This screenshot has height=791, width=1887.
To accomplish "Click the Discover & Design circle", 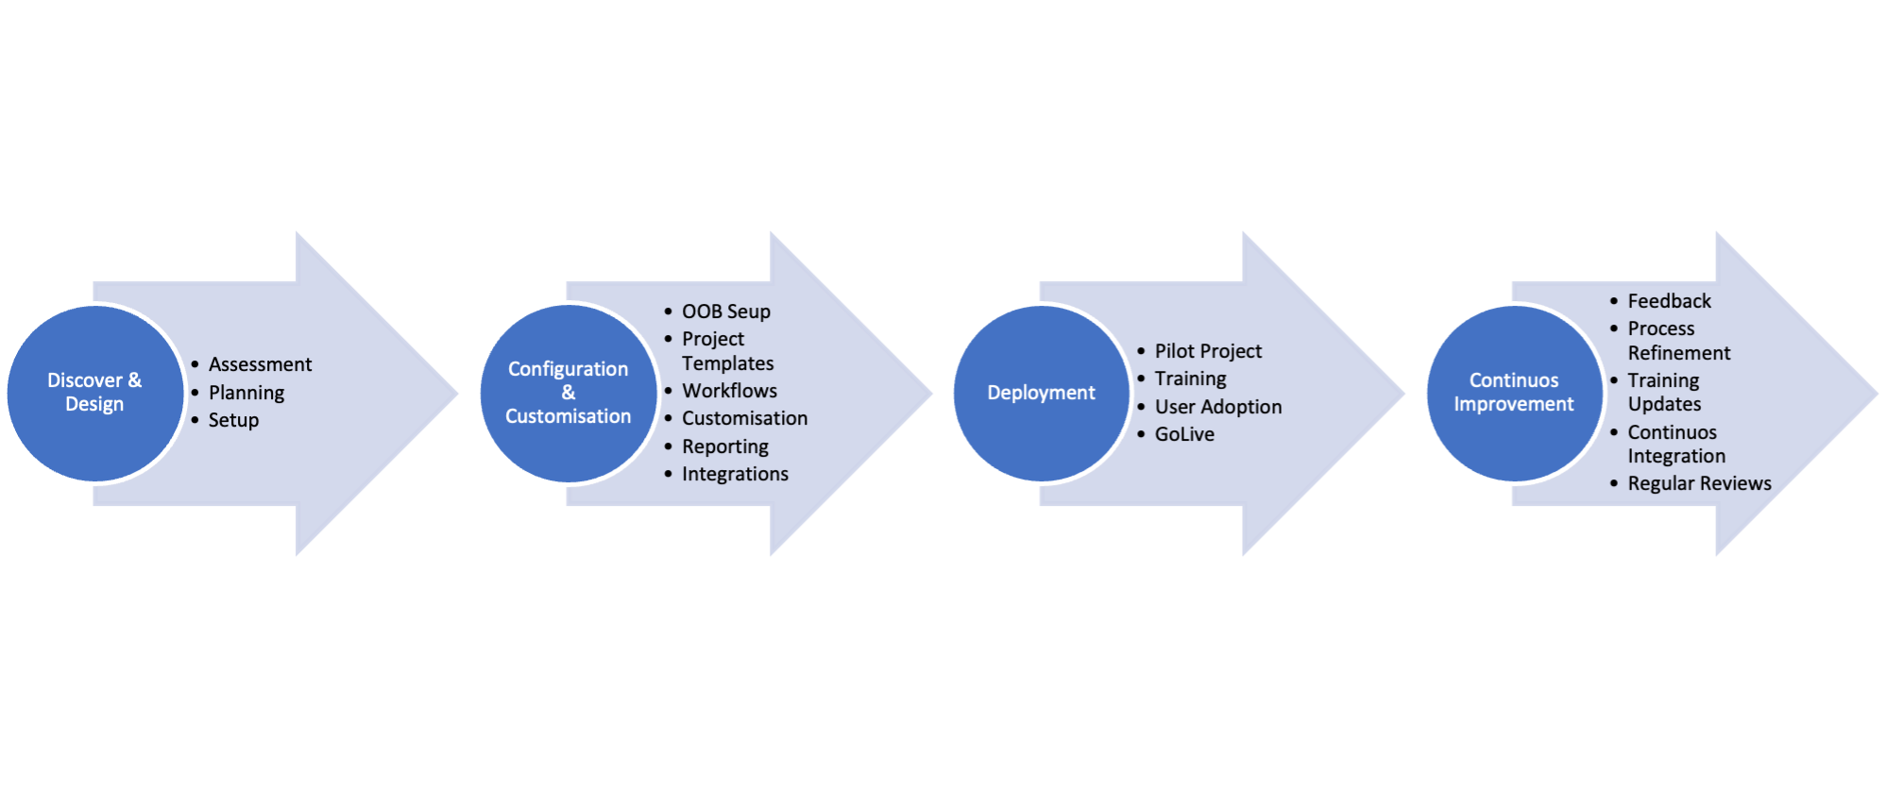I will (94, 393).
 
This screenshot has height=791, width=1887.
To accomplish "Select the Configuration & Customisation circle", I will (568, 393).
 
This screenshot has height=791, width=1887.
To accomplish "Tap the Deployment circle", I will (1041, 393).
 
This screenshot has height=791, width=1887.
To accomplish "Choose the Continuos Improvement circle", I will (1514, 393).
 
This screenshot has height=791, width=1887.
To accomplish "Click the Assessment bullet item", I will (260, 364).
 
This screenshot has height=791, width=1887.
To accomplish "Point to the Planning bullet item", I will (246, 393).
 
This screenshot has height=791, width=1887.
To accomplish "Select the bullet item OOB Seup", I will (725, 311).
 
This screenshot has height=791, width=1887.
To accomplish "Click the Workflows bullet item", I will (729, 391).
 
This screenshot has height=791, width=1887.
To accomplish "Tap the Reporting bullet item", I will (725, 446).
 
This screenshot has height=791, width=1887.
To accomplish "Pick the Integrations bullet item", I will (735, 474).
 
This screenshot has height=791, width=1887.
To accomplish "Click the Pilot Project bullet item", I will (1208, 351).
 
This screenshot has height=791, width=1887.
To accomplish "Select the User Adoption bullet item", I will (1218, 407).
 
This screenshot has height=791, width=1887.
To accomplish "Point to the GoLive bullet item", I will (1184, 434).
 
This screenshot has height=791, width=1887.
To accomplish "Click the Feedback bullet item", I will (1669, 301).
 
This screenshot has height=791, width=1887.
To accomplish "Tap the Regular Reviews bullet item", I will (1699, 483).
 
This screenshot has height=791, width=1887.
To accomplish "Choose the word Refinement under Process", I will (1678, 353).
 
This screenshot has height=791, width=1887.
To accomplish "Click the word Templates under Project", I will (727, 363).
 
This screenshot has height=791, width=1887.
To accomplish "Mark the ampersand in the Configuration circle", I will (569, 393).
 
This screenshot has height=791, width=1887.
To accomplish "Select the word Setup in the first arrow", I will (233, 420).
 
